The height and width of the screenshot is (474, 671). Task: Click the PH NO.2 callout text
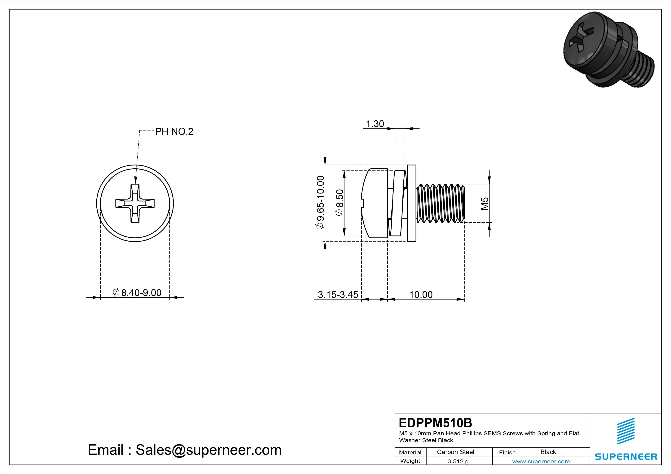tap(174, 132)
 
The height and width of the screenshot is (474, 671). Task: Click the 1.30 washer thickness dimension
tap(375, 124)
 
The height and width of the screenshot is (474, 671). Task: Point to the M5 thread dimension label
tap(485, 204)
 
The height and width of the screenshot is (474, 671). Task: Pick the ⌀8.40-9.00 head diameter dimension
tap(137, 292)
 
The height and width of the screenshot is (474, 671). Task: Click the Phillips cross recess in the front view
tap(135, 203)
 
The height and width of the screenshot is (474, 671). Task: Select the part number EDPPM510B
tap(435, 423)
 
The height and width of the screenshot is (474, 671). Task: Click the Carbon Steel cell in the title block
tap(455, 452)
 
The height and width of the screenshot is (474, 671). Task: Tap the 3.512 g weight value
tap(458, 461)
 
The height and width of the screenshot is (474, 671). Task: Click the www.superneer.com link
tap(541, 461)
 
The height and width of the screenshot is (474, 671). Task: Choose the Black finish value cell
tap(548, 452)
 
